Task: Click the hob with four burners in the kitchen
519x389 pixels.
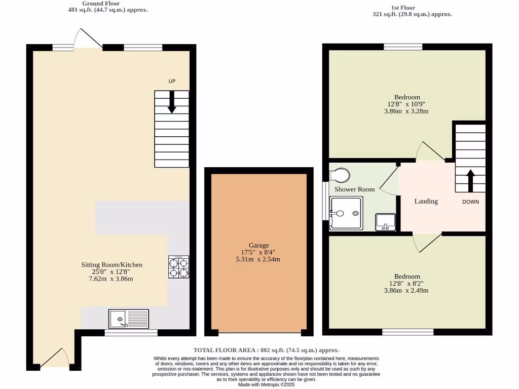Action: click(x=178, y=267)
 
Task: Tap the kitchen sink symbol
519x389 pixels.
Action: click(x=129, y=319)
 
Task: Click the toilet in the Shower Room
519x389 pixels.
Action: click(x=339, y=175)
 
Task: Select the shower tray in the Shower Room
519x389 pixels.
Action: click(x=346, y=213)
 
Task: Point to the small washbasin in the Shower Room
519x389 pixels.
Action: click(x=385, y=222)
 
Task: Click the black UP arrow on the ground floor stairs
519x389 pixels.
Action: click(x=172, y=102)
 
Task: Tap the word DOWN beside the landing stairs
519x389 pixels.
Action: click(x=470, y=202)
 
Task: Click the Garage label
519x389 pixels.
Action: click(x=258, y=245)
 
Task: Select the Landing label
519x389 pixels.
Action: click(x=426, y=201)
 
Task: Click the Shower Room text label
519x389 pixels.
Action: click(x=354, y=189)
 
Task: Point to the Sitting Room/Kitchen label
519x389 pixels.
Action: click(x=112, y=264)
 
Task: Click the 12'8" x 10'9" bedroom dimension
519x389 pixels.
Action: click(x=407, y=104)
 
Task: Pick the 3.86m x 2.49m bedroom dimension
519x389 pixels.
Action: click(x=406, y=290)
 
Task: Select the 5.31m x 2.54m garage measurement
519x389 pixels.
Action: click(x=258, y=259)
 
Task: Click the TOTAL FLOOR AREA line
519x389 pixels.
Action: click(x=266, y=350)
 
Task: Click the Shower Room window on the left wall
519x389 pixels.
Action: click(x=325, y=201)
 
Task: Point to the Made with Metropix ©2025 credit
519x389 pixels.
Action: click(x=266, y=384)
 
